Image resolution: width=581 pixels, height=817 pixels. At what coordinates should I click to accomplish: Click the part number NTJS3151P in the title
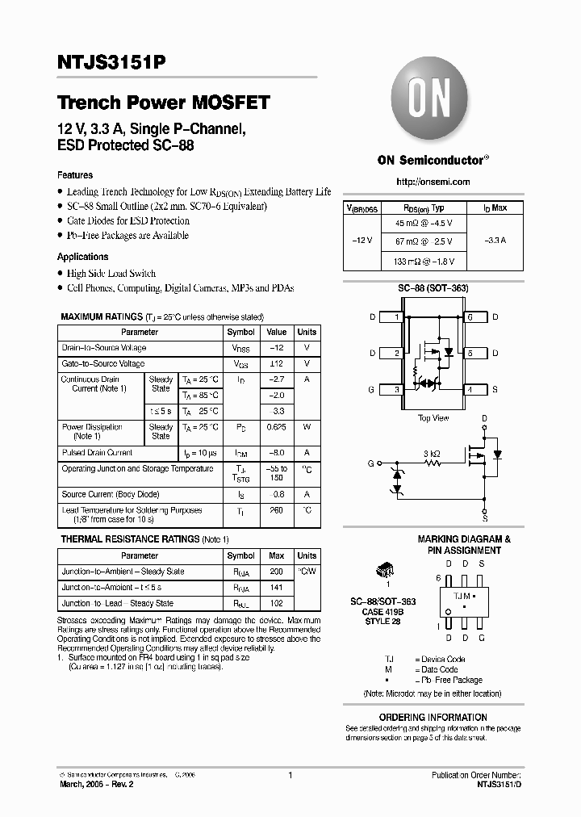(x=113, y=62)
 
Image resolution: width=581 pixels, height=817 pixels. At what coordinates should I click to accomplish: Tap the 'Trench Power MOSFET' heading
(x=164, y=103)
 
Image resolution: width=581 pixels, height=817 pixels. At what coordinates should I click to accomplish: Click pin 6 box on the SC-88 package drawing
(x=470, y=317)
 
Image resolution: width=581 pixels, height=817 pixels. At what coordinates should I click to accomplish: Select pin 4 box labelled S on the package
(x=470, y=390)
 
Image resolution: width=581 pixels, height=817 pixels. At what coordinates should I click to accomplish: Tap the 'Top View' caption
(x=433, y=418)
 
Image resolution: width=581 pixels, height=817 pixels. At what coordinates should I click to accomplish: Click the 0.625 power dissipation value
(x=277, y=427)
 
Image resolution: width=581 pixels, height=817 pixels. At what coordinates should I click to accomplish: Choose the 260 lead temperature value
(x=277, y=510)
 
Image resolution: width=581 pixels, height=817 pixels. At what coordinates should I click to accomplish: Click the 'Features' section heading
(x=75, y=175)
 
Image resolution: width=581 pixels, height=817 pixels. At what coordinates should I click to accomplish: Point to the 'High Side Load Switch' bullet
(x=111, y=274)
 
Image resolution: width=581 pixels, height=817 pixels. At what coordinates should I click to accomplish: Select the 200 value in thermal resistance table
(x=277, y=572)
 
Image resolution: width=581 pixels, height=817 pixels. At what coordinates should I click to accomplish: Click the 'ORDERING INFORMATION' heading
(x=433, y=717)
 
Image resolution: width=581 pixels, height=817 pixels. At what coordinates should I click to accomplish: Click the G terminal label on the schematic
(x=370, y=464)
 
